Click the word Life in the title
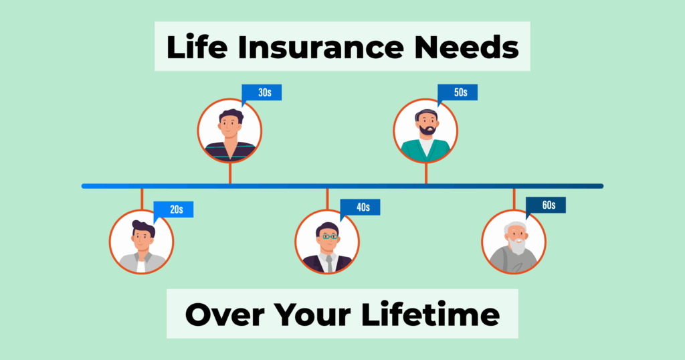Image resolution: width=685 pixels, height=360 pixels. click(197, 47)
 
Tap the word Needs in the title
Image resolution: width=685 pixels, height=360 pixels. click(466, 47)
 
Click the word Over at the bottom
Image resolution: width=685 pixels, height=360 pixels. click(224, 314)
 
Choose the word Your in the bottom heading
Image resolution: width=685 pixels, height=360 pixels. click(312, 314)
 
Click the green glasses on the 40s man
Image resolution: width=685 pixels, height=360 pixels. click(329, 236)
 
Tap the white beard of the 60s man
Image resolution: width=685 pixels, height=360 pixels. click(518, 246)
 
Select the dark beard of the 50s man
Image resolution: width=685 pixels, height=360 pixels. click(427, 129)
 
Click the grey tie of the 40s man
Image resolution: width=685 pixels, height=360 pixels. click(329, 264)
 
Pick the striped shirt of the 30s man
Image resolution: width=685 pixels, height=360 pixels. click(230, 151)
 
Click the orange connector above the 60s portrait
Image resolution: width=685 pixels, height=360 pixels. click(514, 199)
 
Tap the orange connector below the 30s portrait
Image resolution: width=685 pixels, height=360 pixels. click(230, 173)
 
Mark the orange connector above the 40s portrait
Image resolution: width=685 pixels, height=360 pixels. click(327, 199)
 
